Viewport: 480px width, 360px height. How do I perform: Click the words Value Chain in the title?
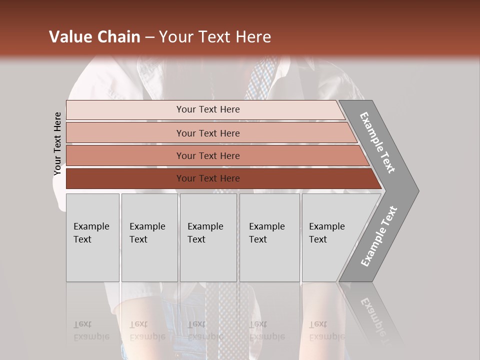[x=94, y=37]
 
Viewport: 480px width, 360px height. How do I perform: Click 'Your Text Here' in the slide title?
[x=215, y=37]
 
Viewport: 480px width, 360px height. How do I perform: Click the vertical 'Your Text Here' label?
[x=57, y=143]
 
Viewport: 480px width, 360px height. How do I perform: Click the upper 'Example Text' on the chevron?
[x=377, y=142]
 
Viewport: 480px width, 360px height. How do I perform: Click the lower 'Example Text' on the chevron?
[x=378, y=236]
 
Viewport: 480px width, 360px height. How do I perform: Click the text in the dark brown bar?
[x=208, y=178]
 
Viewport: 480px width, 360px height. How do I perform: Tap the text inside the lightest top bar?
[x=208, y=109]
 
